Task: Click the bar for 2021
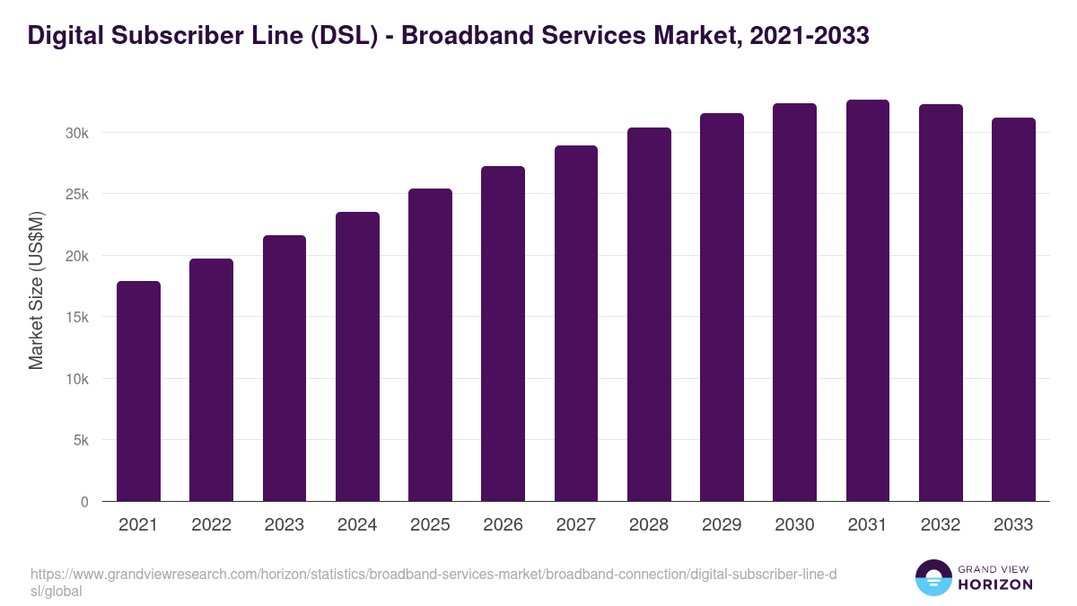(138, 391)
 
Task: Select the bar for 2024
(357, 356)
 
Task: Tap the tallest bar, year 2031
(868, 301)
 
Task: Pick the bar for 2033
(1013, 310)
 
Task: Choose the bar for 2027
(576, 323)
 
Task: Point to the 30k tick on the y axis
(78, 133)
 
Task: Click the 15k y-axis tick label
(78, 318)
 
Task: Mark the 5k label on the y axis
(81, 441)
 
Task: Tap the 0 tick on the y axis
(84, 503)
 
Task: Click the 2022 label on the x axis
(211, 525)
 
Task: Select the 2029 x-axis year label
(722, 525)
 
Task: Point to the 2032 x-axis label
(941, 525)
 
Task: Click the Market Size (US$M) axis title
(36, 290)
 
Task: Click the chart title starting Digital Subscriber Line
(448, 35)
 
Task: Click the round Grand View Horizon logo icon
(933, 577)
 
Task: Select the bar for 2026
(503, 334)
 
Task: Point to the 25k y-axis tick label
(78, 195)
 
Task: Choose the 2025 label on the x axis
(430, 525)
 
